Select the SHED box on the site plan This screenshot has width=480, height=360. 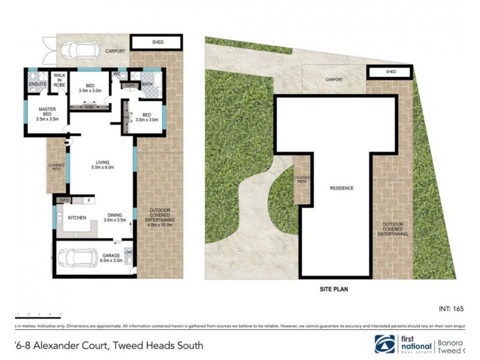391,72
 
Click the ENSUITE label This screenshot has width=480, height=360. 37,84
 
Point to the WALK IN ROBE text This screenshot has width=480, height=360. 59,80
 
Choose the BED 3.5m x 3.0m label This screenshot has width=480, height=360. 90,87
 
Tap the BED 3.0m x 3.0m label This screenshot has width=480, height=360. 146,117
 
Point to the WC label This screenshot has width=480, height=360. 118,74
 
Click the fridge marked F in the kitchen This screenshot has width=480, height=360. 89,200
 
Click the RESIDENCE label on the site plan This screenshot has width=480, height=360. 341,188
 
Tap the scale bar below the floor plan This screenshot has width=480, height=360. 39,314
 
